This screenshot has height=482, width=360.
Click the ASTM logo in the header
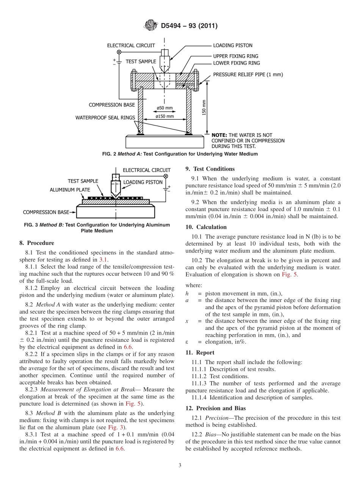[x=151, y=26]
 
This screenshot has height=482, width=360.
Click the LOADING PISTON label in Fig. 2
[x=232, y=45]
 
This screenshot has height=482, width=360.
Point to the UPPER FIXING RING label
[x=235, y=56]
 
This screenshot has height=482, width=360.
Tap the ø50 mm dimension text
[x=165, y=108]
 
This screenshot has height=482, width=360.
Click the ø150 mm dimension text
[x=165, y=116]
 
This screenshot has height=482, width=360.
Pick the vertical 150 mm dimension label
[x=204, y=108]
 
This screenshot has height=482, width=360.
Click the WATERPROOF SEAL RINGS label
[x=105, y=117]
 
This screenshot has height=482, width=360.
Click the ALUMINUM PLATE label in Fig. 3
[x=70, y=189]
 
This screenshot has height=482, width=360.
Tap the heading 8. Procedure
[x=36, y=243]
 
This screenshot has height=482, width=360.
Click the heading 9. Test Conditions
[x=210, y=169]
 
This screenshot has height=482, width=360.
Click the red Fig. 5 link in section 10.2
[x=290, y=274]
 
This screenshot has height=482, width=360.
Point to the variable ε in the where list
[x=187, y=342]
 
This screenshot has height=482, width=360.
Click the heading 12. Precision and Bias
[x=215, y=408]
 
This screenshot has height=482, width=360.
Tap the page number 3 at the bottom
[x=180, y=465]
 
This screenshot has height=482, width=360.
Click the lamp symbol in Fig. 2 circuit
[x=119, y=52]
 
